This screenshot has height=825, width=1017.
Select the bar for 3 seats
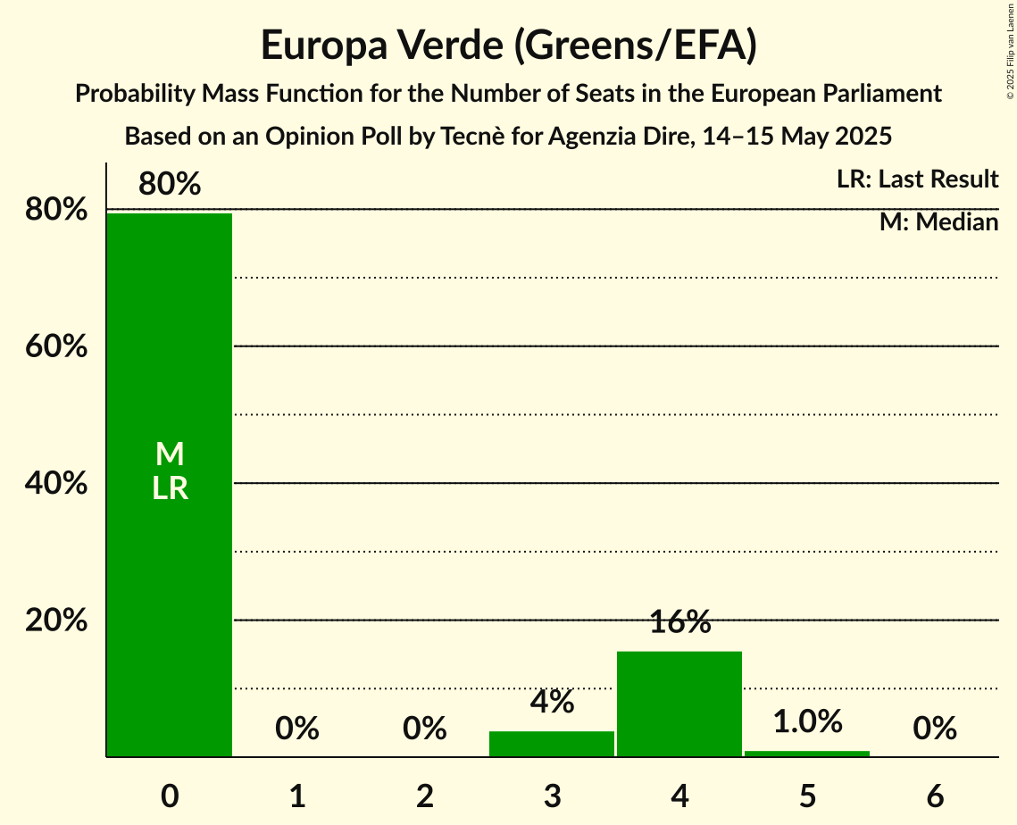click(x=552, y=744)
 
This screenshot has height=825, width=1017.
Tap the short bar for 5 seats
click(x=807, y=754)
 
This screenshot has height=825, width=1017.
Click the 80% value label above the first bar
click(x=170, y=185)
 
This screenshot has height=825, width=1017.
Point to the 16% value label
click(x=679, y=623)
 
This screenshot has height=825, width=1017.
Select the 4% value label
click(x=552, y=703)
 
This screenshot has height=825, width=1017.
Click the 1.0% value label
click(x=807, y=721)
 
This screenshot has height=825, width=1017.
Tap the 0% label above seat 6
click(x=935, y=729)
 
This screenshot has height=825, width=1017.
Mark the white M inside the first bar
click(x=170, y=454)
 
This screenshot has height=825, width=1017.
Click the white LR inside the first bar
click(x=170, y=488)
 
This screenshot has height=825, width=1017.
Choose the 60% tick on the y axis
click(x=56, y=346)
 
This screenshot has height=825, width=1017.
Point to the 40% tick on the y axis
click(x=56, y=484)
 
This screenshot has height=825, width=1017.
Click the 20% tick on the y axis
click(x=56, y=621)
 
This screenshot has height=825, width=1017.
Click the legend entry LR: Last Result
click(x=917, y=179)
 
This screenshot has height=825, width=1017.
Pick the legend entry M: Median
click(x=938, y=222)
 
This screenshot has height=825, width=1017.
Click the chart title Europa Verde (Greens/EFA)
click(x=509, y=46)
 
